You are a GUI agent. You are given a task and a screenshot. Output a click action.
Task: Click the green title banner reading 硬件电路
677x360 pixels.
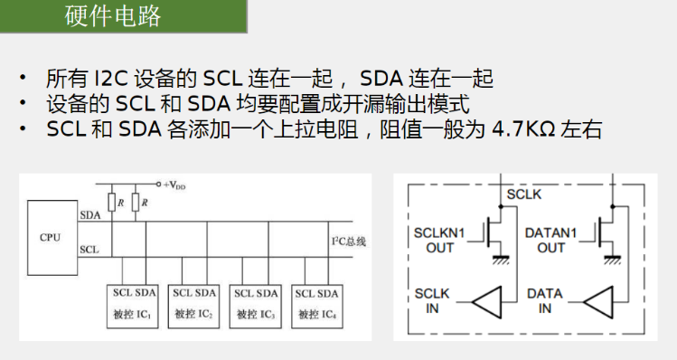(x=124, y=16)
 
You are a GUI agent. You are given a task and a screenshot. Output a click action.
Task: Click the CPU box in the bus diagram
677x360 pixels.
(x=52, y=238)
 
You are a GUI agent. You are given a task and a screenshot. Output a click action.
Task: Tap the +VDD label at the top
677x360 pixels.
(x=174, y=185)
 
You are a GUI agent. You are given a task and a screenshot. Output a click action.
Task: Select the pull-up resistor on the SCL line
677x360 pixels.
(x=112, y=203)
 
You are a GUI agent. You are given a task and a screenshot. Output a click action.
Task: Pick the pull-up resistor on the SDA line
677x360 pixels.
(x=136, y=203)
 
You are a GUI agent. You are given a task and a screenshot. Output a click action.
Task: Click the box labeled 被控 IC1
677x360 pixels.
(x=133, y=306)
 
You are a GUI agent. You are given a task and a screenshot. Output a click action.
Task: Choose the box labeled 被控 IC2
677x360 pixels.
(x=193, y=306)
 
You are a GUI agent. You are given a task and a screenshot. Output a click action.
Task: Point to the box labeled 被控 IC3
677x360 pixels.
(x=255, y=306)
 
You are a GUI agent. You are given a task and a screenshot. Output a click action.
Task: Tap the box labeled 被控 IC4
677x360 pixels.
(x=317, y=306)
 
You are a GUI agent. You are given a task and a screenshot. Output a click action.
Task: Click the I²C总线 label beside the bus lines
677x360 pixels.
(x=348, y=242)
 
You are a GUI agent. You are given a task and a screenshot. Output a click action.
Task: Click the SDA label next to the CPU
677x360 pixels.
(x=90, y=215)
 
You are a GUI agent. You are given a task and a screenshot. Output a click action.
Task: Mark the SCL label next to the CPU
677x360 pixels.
(x=89, y=250)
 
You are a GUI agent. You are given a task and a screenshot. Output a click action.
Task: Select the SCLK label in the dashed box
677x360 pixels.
(x=523, y=194)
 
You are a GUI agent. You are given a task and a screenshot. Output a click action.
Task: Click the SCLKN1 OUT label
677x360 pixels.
(x=439, y=241)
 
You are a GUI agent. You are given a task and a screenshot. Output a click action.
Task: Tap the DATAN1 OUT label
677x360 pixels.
(x=550, y=241)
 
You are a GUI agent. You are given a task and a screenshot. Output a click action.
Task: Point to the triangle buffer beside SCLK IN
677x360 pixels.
(x=486, y=302)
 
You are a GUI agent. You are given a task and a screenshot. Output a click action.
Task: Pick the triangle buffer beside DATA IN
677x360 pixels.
(x=598, y=302)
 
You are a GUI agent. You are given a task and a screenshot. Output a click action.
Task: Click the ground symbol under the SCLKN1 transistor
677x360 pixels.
(x=501, y=260)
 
